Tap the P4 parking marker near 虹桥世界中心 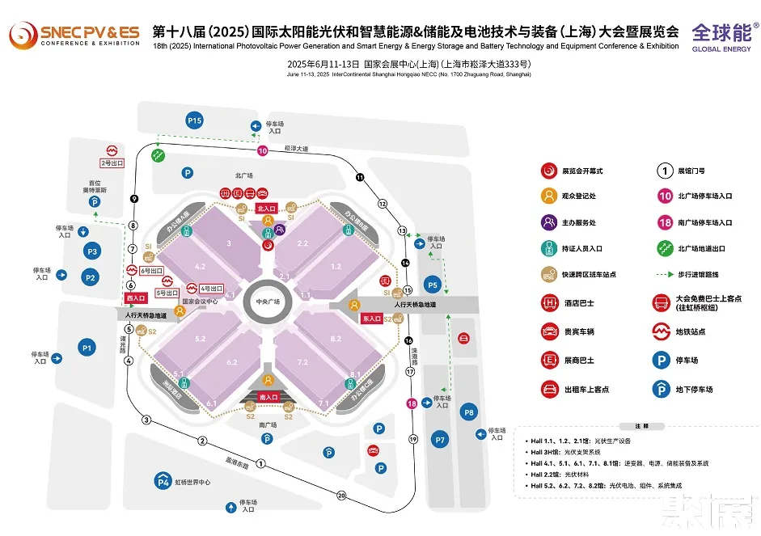click(x=163, y=483)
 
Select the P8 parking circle click(x=469, y=413)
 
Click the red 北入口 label click(x=266, y=208)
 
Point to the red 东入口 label click(x=372, y=318)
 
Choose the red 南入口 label click(x=268, y=397)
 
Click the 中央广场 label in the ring click(x=268, y=302)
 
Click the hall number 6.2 click(x=232, y=361)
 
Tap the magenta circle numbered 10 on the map click(x=262, y=150)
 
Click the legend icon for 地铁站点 click(x=662, y=331)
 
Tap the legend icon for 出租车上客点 click(x=550, y=389)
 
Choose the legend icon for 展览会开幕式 click(x=550, y=171)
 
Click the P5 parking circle click(x=433, y=285)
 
